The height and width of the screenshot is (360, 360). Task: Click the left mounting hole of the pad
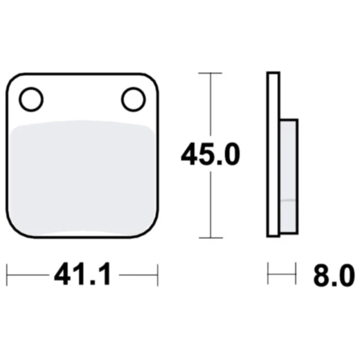(x=30, y=100)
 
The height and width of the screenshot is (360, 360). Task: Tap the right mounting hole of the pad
(x=133, y=100)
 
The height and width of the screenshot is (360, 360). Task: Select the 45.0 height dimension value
(x=210, y=154)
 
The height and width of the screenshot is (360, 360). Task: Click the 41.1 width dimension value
(x=82, y=275)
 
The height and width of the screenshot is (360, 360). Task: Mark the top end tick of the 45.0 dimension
(x=210, y=73)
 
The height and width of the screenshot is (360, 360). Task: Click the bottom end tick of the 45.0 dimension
(x=210, y=237)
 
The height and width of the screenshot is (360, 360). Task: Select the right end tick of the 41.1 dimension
(x=158, y=275)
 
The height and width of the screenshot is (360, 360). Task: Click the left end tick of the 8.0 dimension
(x=268, y=275)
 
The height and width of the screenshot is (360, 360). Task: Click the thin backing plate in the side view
(x=273, y=154)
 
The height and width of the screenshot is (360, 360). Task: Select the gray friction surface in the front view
(x=82, y=177)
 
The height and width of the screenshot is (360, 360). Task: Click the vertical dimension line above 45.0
(x=210, y=104)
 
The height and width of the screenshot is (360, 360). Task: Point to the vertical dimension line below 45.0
(x=210, y=204)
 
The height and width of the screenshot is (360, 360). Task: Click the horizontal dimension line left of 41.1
(x=28, y=275)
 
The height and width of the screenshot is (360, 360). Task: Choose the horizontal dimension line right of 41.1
(x=138, y=275)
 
